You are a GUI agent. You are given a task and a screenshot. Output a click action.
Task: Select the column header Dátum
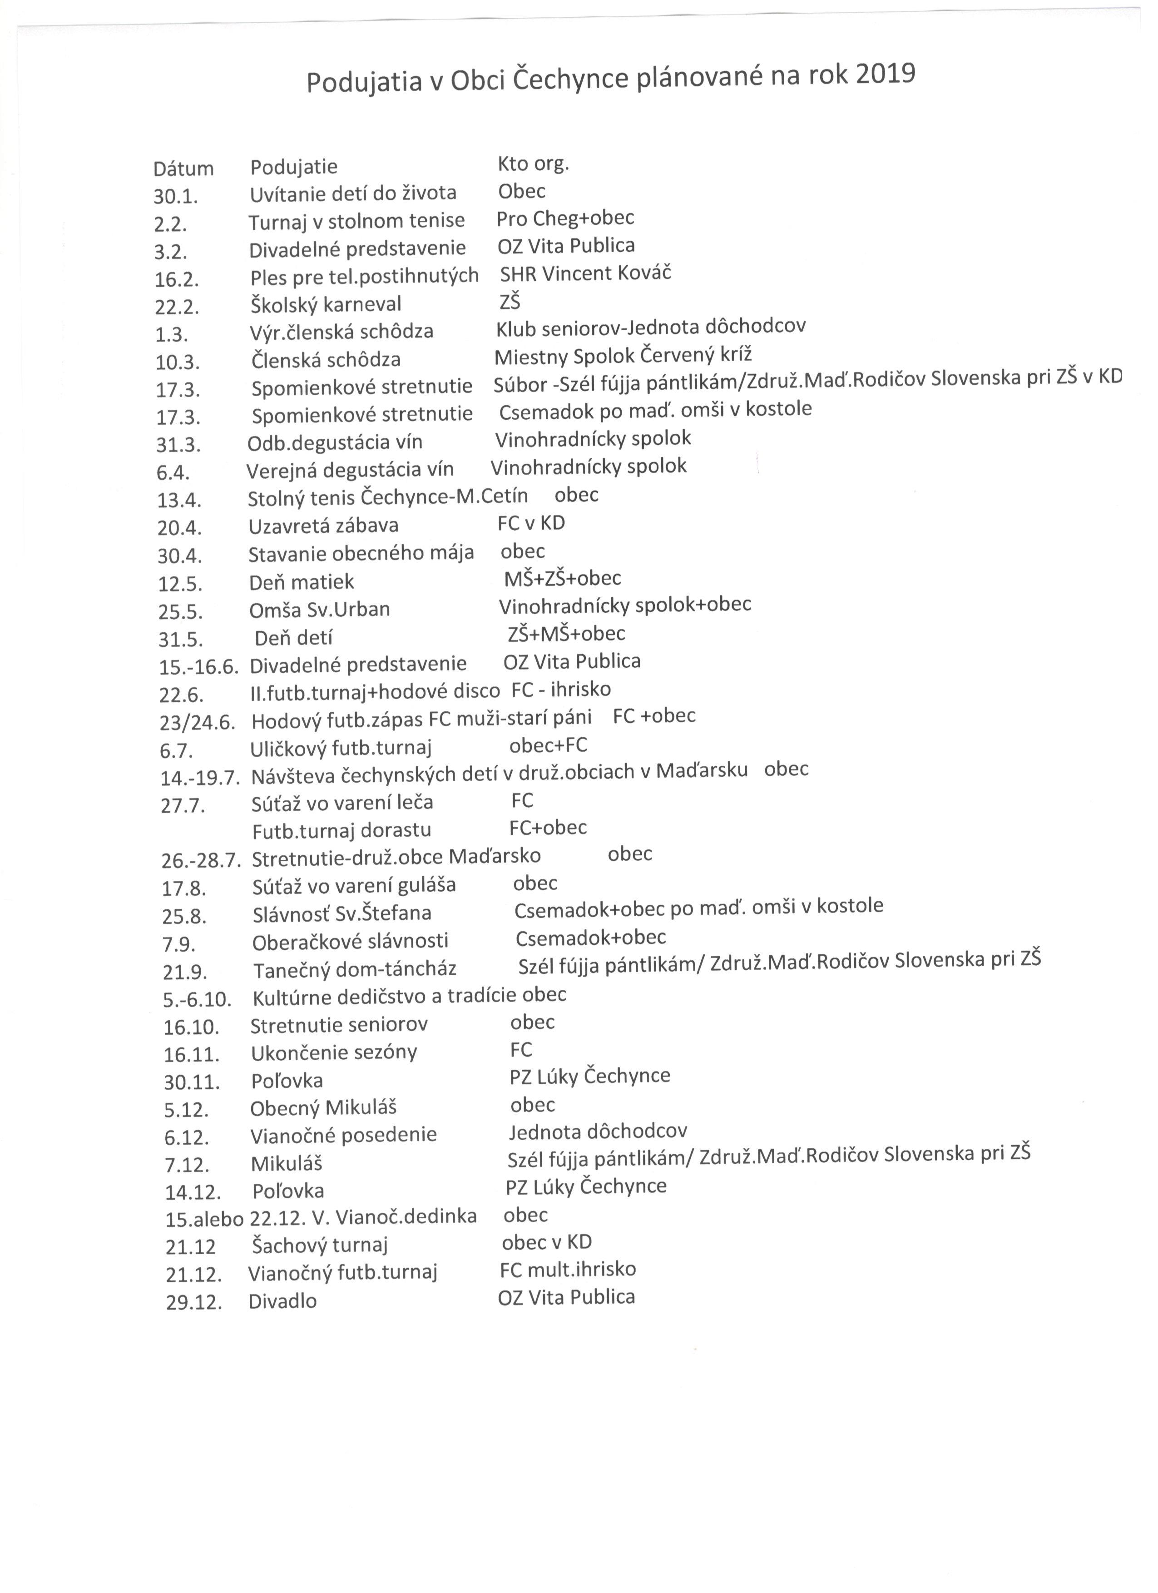(183, 169)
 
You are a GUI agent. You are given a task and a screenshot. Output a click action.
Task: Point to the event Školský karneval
(326, 305)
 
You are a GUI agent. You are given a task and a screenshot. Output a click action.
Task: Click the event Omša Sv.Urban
(320, 610)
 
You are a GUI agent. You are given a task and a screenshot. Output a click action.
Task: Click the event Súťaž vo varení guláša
(354, 886)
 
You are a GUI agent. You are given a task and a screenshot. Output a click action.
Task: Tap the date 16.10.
(192, 1027)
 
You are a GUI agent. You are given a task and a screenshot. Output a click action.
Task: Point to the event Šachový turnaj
(320, 1246)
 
